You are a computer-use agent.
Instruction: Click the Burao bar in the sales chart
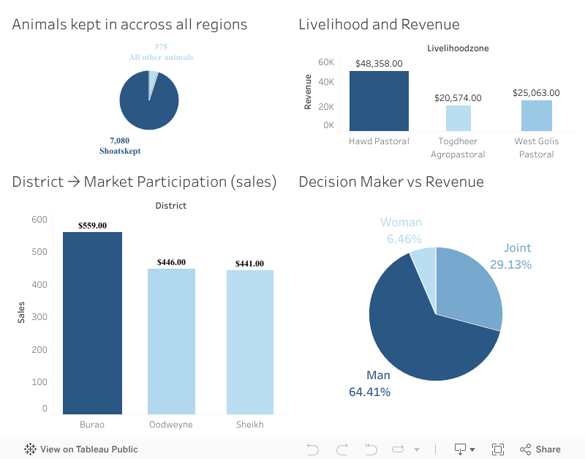point(92,322)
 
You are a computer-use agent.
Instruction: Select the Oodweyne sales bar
point(171,341)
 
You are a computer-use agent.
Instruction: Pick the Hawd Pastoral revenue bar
point(379,100)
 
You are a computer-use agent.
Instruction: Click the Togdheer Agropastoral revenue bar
point(458,118)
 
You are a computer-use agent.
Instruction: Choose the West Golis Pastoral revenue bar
point(536,115)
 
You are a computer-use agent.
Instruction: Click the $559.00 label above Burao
point(92,225)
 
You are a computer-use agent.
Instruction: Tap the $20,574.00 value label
point(458,97)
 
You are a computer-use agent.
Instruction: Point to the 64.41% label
point(369,392)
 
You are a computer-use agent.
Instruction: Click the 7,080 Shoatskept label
point(120,146)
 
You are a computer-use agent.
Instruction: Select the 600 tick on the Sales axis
point(39,219)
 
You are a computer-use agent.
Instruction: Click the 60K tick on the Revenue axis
point(326,62)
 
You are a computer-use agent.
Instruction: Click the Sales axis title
point(21,313)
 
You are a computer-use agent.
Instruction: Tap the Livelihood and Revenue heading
point(379,24)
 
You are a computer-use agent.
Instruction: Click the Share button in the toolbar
point(540,449)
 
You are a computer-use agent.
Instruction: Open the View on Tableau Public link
point(81,449)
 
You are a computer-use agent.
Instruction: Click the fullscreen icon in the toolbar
point(498,449)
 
